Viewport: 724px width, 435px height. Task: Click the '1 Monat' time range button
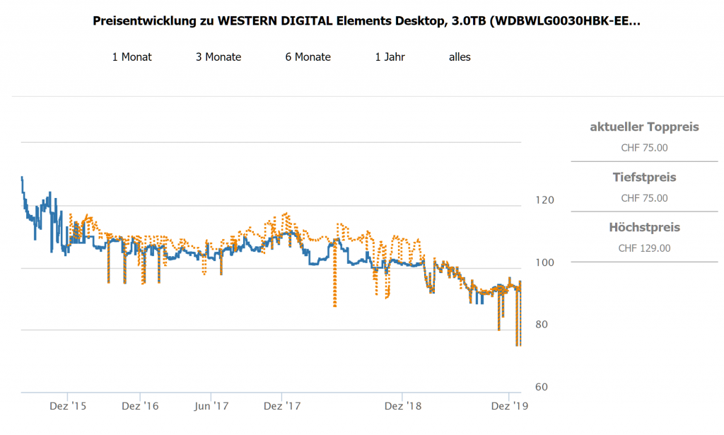(x=132, y=57)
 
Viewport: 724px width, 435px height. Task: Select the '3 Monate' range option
(x=218, y=57)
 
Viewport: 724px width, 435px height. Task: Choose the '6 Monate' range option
(x=308, y=57)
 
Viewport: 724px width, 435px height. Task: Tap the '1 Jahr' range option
(x=390, y=57)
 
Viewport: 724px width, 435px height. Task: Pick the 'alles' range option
(x=460, y=57)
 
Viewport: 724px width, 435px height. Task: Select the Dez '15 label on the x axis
(x=68, y=406)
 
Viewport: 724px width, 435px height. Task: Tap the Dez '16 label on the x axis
(x=140, y=406)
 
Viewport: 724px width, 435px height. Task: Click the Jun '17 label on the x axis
(x=211, y=406)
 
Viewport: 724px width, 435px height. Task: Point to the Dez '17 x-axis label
(x=281, y=406)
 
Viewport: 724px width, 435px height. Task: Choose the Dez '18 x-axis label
(x=402, y=406)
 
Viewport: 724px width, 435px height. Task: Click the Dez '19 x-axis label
(x=509, y=406)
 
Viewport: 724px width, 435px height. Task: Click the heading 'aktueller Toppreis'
(x=644, y=127)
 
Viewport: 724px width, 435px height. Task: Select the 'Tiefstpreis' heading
(x=644, y=177)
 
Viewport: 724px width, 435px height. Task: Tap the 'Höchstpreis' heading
(x=644, y=227)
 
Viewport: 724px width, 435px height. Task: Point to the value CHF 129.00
(x=644, y=248)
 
